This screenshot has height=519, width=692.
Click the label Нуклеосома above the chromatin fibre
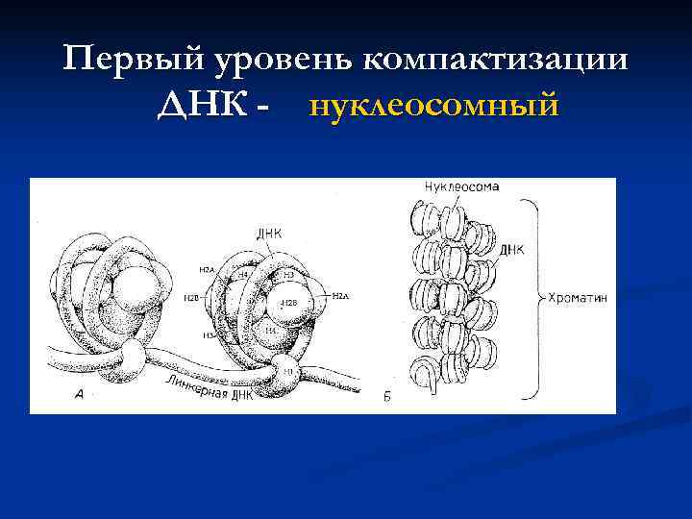pyautogui.click(x=460, y=187)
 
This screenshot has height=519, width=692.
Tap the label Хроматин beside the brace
pyautogui.click(x=577, y=298)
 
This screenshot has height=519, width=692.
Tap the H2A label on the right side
pyautogui.click(x=341, y=297)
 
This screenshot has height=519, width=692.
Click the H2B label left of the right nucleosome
pyautogui.click(x=192, y=299)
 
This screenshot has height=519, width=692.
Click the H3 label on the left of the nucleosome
pyautogui.click(x=207, y=336)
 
